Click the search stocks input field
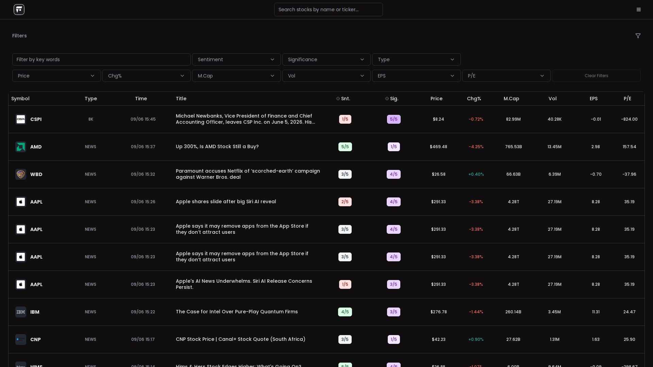[x=328, y=10]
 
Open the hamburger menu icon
[x=639, y=10]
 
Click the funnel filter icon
[x=638, y=36]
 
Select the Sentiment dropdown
[x=236, y=59]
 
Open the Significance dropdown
[x=326, y=59]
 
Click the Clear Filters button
[x=596, y=76]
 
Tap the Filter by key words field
[x=101, y=59]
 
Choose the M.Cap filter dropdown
[x=236, y=76]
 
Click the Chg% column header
[x=474, y=99]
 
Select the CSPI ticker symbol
[x=36, y=119]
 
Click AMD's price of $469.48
[x=438, y=147]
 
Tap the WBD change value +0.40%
[x=476, y=174]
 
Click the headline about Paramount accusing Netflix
[x=248, y=174]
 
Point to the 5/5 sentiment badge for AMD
[x=345, y=147]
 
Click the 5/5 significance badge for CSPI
[x=394, y=119]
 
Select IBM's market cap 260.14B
[x=513, y=312]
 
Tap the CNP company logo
[x=21, y=339]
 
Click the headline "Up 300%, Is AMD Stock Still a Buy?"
[x=217, y=146]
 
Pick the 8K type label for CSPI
[x=90, y=119]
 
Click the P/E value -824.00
[x=629, y=119]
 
